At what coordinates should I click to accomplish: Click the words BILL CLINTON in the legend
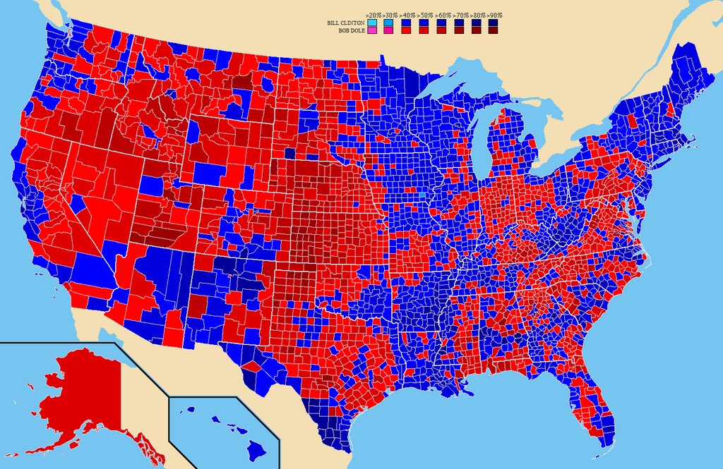(345, 23)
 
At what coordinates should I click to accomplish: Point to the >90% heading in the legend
(494, 14)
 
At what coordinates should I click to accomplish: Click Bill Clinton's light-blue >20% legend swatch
(371, 23)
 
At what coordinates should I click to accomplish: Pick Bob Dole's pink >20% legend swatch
(371, 31)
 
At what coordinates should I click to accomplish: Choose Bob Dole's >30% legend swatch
(388, 31)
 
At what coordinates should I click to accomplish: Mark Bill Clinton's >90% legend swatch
(494, 23)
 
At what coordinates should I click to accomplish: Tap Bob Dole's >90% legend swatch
(494, 31)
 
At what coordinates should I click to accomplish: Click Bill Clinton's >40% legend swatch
(406, 23)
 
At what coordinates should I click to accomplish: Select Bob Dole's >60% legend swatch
(441, 31)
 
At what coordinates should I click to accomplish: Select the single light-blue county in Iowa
(422, 195)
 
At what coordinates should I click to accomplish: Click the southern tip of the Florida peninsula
(606, 444)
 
